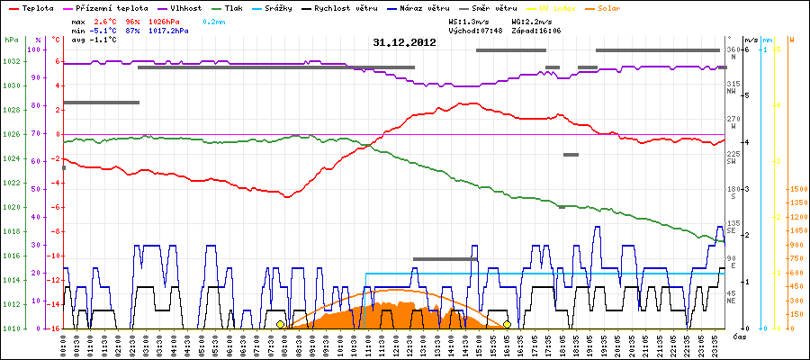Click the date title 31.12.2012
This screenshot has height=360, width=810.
pyautogui.click(x=404, y=41)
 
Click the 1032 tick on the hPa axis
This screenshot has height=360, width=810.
pyautogui.click(x=11, y=62)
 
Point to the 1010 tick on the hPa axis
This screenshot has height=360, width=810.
pyautogui.click(x=11, y=328)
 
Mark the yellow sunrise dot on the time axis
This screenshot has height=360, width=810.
pyautogui.click(x=280, y=324)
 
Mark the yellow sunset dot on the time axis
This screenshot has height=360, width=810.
pyautogui.click(x=508, y=324)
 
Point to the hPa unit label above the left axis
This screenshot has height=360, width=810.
pyautogui.click(x=11, y=40)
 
